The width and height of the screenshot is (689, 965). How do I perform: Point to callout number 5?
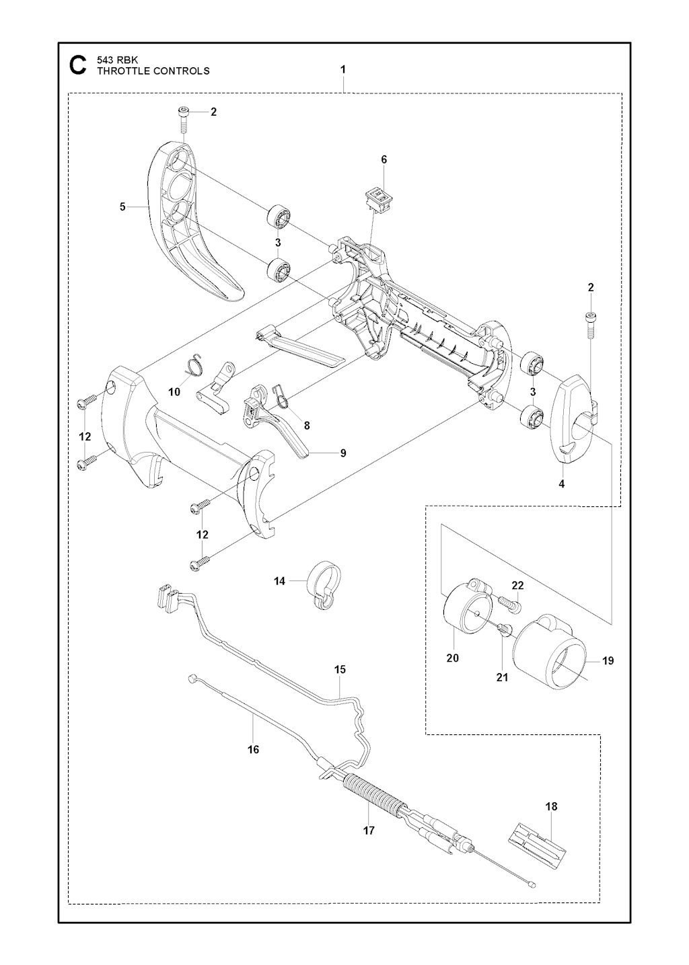[x=122, y=207]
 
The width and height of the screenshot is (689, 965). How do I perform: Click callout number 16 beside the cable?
[x=253, y=749]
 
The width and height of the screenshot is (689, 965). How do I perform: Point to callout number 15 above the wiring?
[x=340, y=669]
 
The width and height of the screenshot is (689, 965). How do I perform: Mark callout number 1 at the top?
[x=343, y=69]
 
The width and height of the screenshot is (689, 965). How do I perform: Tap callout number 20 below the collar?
[x=452, y=658]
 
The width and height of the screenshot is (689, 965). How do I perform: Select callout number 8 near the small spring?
[x=306, y=425]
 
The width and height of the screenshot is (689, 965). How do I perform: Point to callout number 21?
[x=502, y=677]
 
